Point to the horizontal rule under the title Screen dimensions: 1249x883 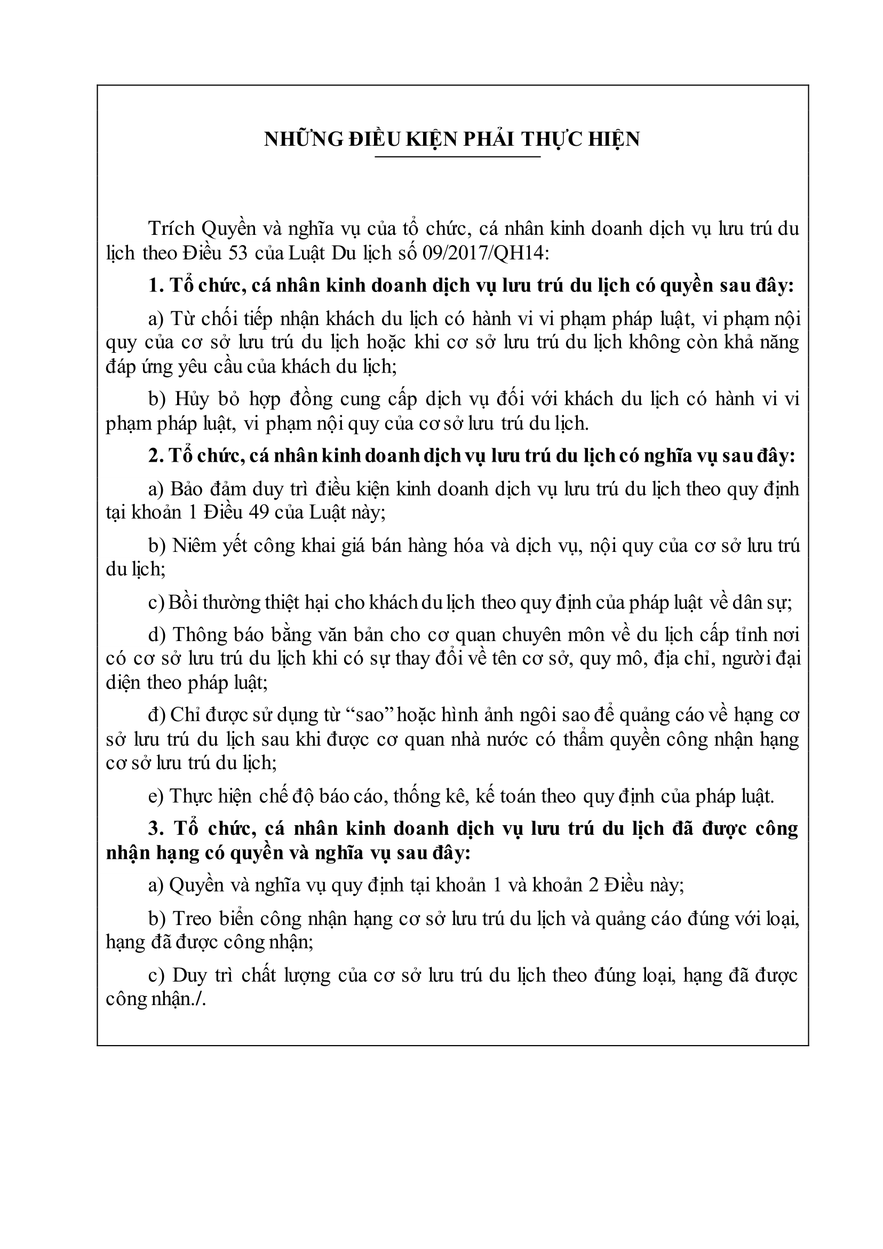click(457, 158)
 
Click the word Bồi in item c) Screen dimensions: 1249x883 click(180, 603)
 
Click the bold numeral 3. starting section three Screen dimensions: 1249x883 click(156, 829)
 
